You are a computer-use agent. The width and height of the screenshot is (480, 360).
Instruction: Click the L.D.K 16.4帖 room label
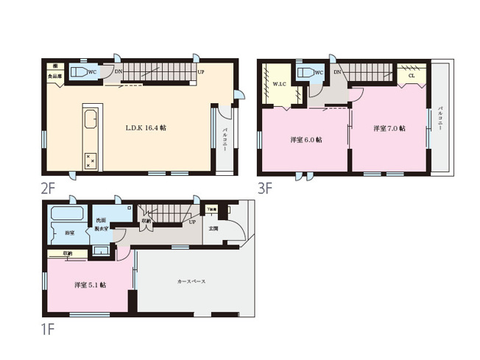click(145, 127)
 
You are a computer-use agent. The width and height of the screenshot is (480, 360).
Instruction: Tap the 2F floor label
click(49, 188)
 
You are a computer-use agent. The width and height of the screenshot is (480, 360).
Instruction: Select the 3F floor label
click(265, 188)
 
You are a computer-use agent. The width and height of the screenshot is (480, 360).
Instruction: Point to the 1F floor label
click(49, 324)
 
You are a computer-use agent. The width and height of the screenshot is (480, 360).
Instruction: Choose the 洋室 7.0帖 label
click(389, 128)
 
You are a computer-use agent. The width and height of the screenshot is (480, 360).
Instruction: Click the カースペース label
click(191, 282)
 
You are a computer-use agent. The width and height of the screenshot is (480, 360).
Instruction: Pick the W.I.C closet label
click(279, 85)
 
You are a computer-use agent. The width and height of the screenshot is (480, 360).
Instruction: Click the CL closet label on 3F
click(411, 74)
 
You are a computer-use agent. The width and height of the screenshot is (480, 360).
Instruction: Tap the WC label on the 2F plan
click(92, 72)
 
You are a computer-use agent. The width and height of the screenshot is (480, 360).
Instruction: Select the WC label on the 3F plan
click(318, 72)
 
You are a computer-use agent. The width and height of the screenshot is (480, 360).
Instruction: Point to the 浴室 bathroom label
click(68, 233)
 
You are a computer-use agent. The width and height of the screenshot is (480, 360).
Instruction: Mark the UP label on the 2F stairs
click(200, 71)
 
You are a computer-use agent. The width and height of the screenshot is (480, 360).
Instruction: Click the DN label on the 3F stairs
click(336, 72)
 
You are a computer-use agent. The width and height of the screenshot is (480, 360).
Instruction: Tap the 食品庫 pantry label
click(55, 76)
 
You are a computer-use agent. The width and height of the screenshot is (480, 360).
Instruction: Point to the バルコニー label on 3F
click(440, 118)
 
